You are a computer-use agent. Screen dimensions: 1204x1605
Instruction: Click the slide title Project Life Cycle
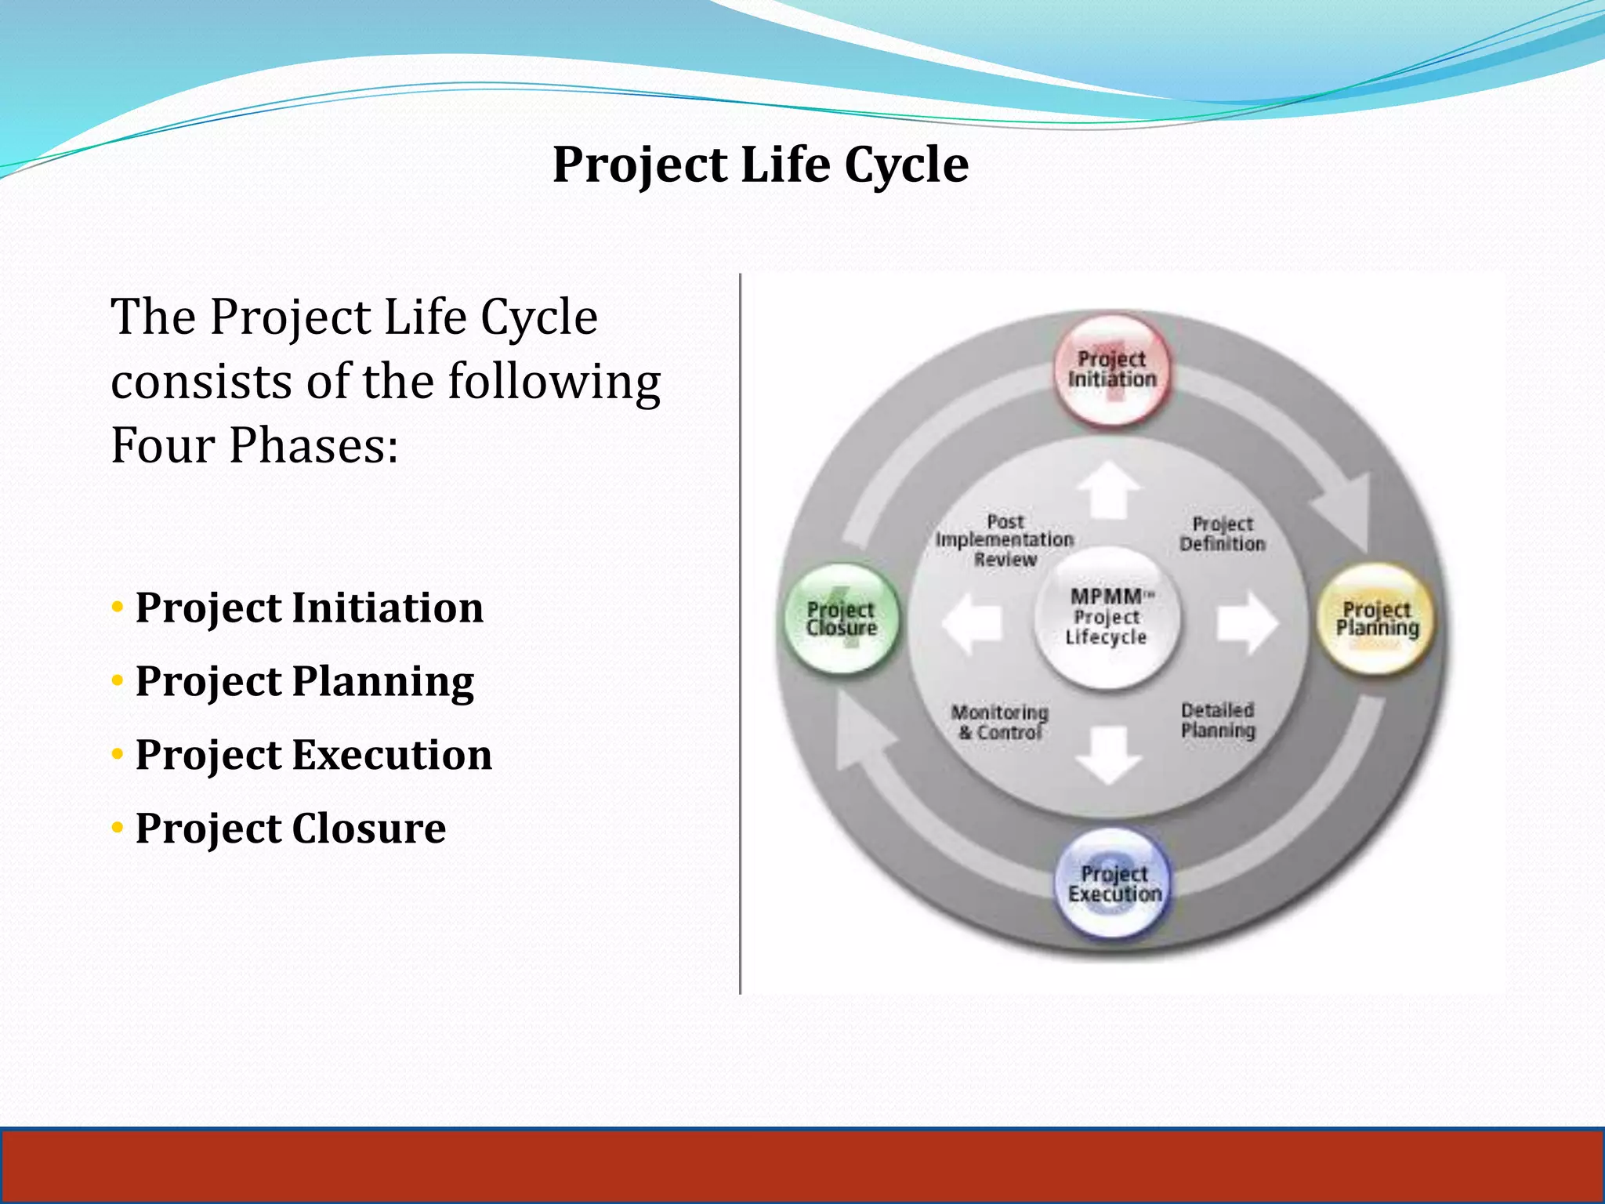click(760, 165)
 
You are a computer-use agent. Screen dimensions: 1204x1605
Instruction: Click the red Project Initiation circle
click(1111, 369)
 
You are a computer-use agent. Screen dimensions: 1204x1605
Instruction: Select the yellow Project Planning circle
click(1377, 619)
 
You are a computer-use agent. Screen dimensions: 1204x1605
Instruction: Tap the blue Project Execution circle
click(1114, 883)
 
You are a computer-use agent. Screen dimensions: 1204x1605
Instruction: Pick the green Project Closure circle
click(842, 619)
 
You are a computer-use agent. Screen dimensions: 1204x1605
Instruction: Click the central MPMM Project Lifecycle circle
click(1107, 618)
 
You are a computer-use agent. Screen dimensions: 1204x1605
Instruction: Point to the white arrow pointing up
click(1108, 489)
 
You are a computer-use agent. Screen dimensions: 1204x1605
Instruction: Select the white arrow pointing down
click(1108, 754)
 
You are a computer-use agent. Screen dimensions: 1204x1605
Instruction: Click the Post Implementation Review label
click(1005, 540)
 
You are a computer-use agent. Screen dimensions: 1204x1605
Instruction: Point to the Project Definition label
click(1222, 534)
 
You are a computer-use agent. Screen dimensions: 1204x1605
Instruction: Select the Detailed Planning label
click(1218, 720)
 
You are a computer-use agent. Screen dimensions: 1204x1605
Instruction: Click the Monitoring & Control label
click(1000, 722)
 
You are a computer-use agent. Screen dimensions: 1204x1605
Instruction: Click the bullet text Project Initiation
click(309, 607)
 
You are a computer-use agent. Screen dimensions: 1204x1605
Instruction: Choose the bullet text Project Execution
click(313, 755)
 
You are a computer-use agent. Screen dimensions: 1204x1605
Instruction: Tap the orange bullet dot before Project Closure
click(118, 828)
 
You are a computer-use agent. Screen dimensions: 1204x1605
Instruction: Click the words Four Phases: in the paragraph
click(255, 445)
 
